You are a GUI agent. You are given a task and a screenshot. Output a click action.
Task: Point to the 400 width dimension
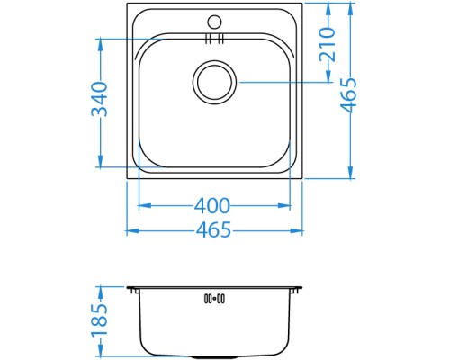(212, 206)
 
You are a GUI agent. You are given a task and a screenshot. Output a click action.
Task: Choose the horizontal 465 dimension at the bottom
(214, 230)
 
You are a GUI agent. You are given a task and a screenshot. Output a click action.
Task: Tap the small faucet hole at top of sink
(214, 21)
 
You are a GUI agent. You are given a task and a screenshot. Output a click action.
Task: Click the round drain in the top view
(215, 82)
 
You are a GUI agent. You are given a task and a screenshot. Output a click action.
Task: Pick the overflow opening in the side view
(214, 297)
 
